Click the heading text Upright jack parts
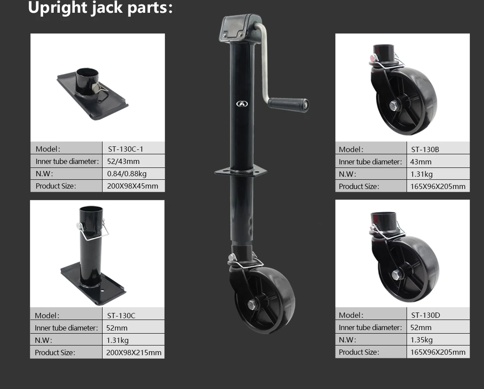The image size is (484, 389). click(x=100, y=8)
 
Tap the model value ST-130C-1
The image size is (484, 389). click(x=125, y=149)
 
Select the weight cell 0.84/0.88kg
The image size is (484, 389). click(x=127, y=174)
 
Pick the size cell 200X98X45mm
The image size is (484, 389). click(x=132, y=186)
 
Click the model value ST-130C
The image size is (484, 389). click(x=121, y=315)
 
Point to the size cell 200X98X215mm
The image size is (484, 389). click(x=134, y=353)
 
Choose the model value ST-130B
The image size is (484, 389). click(x=425, y=149)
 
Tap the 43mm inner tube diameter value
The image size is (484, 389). click(x=421, y=162)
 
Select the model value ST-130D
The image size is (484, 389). click(x=425, y=315)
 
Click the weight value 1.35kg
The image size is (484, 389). click(x=422, y=340)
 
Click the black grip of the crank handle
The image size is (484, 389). click(x=288, y=104)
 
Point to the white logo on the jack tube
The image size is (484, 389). click(x=242, y=104)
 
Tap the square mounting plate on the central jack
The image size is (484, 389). click(x=241, y=171)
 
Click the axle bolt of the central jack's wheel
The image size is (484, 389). click(x=252, y=304)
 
